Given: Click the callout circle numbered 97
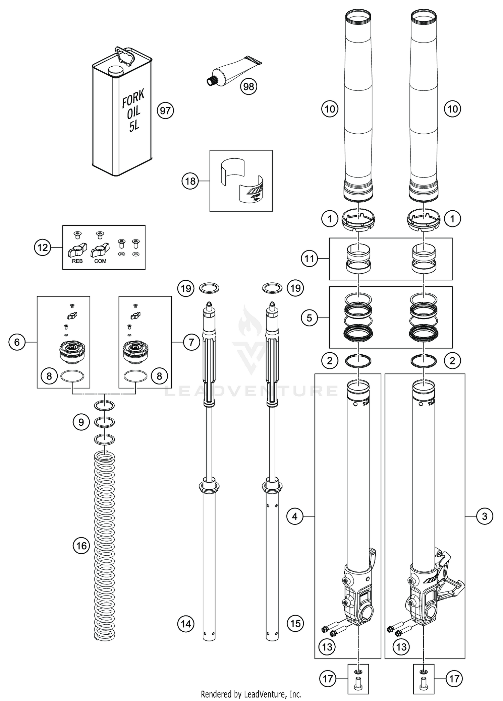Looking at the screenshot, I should click(165, 111).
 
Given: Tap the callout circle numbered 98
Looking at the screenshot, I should click(248, 87).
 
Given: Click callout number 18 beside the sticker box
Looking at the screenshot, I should click(190, 181).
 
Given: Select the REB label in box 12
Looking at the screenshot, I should click(77, 261).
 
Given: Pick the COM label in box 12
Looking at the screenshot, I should click(100, 261).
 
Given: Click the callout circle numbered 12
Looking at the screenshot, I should click(43, 248).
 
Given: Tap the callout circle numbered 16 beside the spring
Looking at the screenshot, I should click(81, 546).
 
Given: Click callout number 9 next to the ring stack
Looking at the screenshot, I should click(81, 422).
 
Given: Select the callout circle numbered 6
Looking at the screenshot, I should click(17, 342).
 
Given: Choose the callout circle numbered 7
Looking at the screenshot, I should click(191, 342).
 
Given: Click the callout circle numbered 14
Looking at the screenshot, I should click(186, 624).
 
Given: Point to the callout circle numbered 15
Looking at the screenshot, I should click(295, 624).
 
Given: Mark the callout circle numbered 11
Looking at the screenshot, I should click(309, 259).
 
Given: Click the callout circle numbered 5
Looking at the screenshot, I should click(309, 318).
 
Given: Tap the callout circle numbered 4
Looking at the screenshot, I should click(295, 516).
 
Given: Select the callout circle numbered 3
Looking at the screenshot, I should click(485, 516).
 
